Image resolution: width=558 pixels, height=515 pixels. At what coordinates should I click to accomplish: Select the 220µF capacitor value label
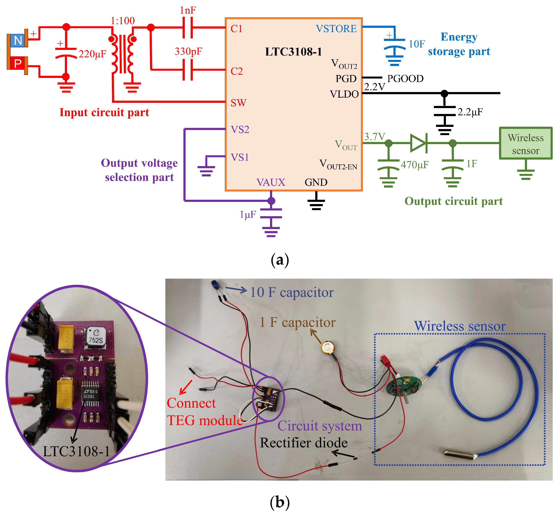point(92,54)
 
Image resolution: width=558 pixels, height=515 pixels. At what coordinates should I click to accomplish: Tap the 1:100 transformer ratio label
point(122,21)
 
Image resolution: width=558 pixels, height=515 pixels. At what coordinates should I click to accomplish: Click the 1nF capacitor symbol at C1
point(187,28)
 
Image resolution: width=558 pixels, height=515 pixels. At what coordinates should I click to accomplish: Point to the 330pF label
point(188,51)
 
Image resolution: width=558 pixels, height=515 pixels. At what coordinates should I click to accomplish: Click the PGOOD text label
point(405,79)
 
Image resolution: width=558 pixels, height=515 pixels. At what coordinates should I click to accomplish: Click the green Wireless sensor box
point(525,143)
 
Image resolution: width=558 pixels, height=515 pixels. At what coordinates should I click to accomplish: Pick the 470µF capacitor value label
point(414,165)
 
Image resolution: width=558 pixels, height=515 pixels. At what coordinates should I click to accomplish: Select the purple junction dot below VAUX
point(271,201)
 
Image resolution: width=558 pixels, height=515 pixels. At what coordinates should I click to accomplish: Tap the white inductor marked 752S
point(96,337)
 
